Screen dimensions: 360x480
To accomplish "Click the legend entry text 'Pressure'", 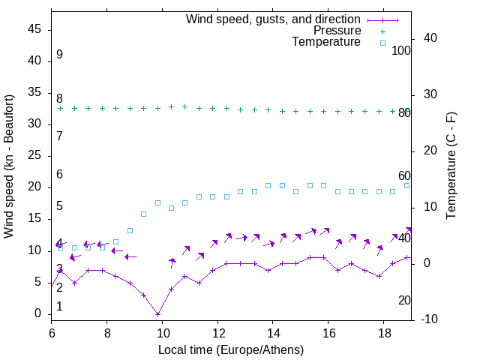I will pos(338,31).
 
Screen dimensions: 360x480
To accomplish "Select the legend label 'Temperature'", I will pos(326,42).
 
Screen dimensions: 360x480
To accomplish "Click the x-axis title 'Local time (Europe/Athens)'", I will pos(231,349).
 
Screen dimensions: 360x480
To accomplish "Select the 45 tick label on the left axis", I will pos(34,29).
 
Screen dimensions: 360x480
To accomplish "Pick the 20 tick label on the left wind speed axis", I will pos(34,187).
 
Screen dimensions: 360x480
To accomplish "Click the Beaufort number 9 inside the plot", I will pos(59,55).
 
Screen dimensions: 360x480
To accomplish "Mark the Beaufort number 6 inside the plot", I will pos(59,174).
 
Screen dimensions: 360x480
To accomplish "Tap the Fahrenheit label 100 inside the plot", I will pos(401,50).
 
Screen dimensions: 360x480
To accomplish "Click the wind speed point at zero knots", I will pos(157,314).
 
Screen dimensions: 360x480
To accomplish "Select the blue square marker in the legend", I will pos(382,43).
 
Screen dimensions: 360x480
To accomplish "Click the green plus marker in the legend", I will pos(382,31).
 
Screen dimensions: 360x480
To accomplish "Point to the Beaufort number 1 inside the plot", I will pos(59,307).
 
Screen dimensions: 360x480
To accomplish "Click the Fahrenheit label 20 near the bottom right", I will pos(404,300).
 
